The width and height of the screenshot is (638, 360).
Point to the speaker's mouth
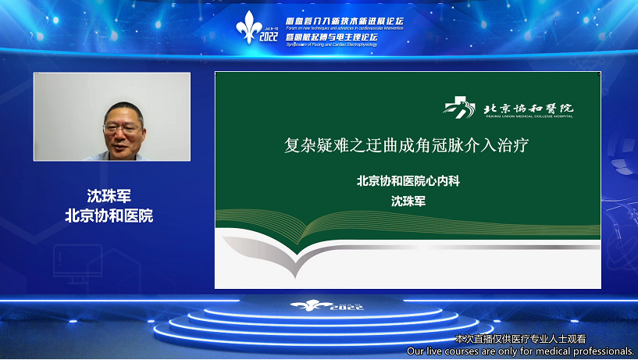tap(124, 144)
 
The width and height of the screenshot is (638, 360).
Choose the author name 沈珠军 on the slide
tap(408, 201)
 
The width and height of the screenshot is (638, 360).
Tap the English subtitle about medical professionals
tap(521, 351)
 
